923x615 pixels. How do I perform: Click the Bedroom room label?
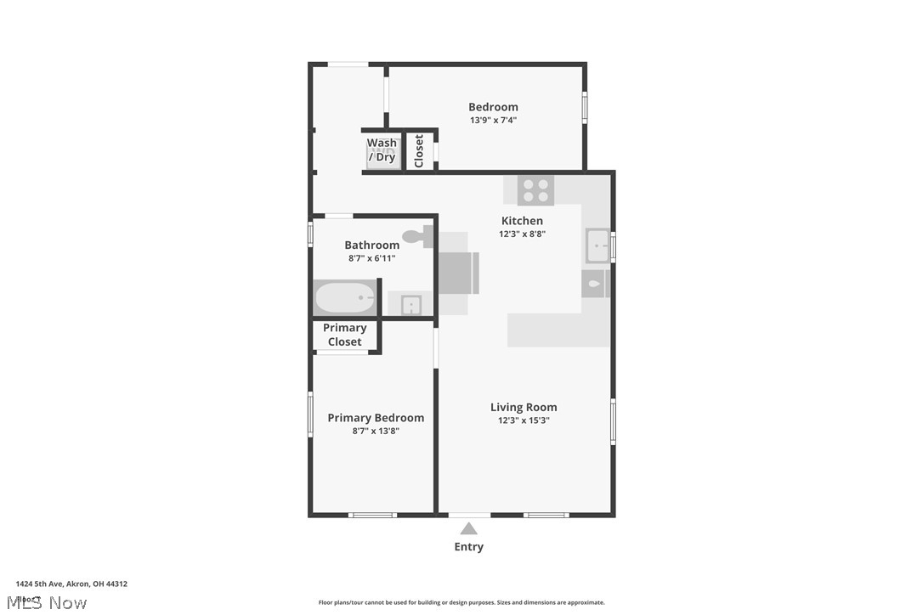(x=493, y=107)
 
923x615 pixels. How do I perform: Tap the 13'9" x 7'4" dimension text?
(x=493, y=121)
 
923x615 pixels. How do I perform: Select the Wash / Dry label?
(x=382, y=150)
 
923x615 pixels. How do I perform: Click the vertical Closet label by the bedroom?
(x=419, y=151)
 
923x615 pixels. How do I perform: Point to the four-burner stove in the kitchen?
(x=535, y=190)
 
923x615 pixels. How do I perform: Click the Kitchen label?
(x=522, y=221)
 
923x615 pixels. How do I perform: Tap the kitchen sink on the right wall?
(x=597, y=246)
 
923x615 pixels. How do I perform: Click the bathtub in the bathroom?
(x=345, y=298)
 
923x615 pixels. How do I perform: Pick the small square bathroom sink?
(x=411, y=304)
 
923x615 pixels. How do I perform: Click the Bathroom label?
(x=371, y=245)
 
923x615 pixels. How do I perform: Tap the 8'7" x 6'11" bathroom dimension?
(x=371, y=258)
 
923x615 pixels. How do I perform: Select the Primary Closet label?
(x=345, y=335)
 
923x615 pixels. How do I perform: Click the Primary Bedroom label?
(x=376, y=418)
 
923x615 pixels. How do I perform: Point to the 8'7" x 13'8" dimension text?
(x=376, y=431)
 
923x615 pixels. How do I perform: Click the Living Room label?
(x=524, y=408)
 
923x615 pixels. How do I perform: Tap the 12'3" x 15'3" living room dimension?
(x=524, y=420)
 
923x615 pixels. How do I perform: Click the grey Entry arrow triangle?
(x=468, y=529)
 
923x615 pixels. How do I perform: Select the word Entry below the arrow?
(x=468, y=547)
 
